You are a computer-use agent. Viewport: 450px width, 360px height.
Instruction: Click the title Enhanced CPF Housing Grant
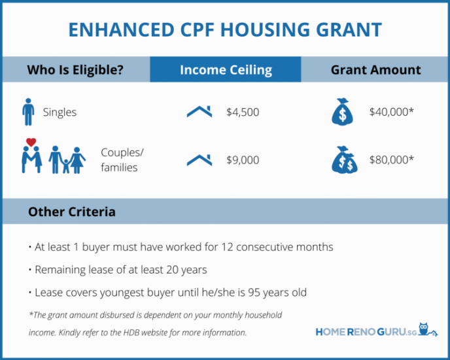(225, 30)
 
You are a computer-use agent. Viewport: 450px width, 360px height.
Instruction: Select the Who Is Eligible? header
(75, 70)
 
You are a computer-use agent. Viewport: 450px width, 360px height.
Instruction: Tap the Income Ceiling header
(226, 70)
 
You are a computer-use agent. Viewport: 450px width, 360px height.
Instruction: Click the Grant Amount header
(375, 70)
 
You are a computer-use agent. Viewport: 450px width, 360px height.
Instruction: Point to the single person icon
(27, 112)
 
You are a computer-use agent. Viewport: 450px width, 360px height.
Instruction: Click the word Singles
(60, 112)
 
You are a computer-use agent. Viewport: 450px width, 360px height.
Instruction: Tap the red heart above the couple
(30, 142)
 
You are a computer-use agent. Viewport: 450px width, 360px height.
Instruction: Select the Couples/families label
(122, 159)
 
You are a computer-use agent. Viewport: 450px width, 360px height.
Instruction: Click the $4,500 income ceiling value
(243, 112)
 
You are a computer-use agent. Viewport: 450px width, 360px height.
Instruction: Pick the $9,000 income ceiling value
(243, 160)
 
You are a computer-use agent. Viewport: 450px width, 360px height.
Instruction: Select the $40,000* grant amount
(392, 112)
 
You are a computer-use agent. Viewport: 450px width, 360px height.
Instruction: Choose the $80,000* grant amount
(392, 160)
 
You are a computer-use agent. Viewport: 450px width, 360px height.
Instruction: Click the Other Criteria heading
(72, 212)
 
